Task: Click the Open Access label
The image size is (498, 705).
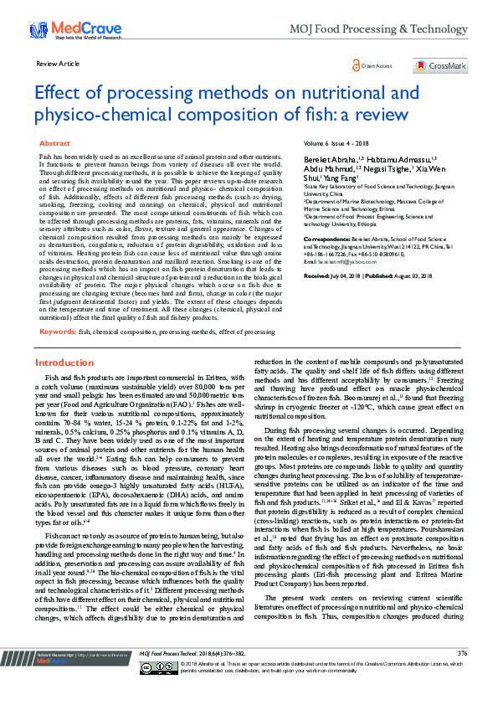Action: click(377, 64)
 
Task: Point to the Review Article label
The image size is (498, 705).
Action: click(58, 64)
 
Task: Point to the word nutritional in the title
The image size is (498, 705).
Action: click(318, 92)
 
